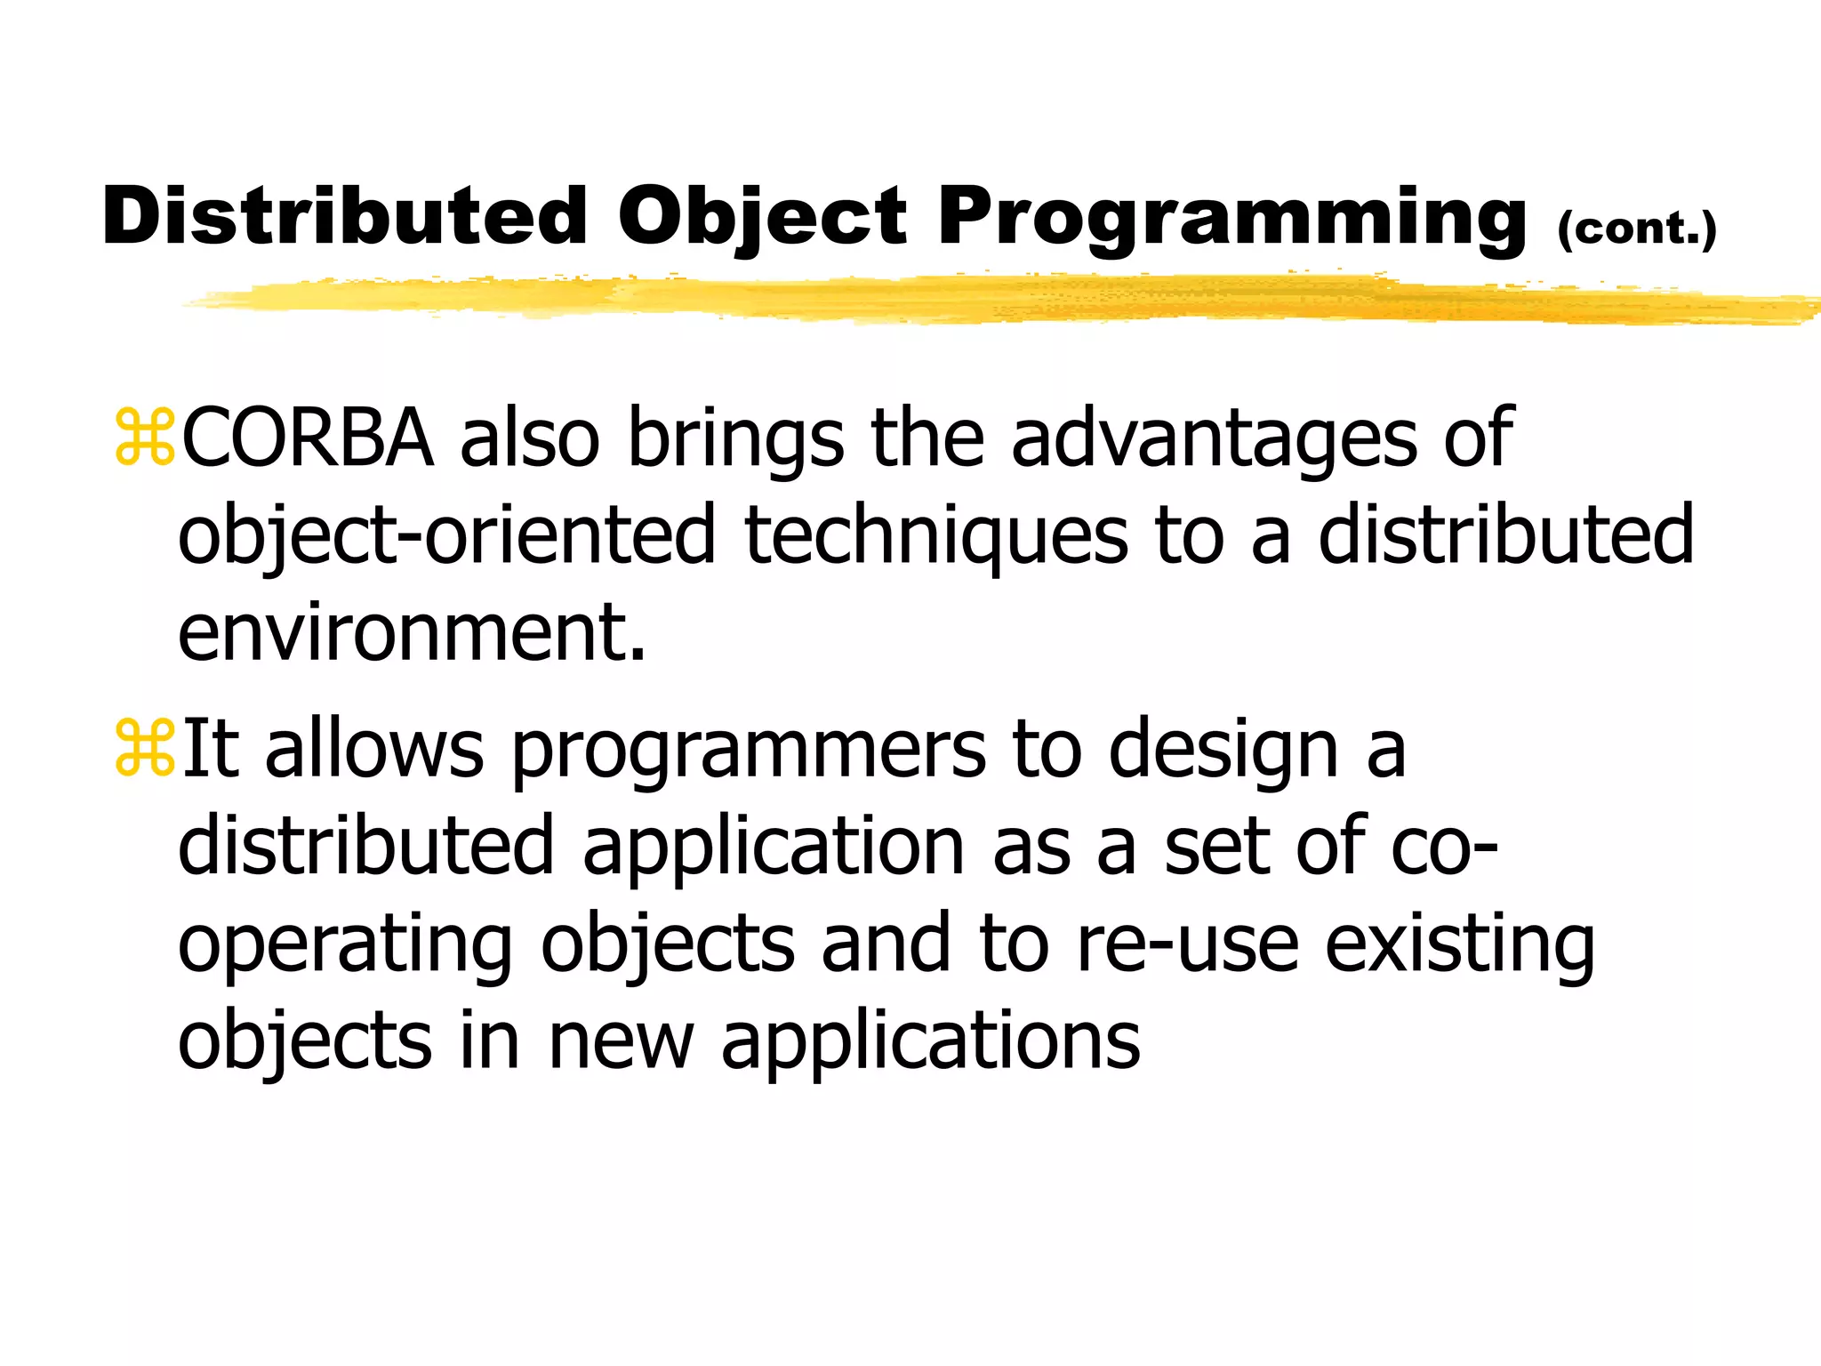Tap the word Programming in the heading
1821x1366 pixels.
point(1232,219)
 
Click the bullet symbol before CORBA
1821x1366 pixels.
point(144,438)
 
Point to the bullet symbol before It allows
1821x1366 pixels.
point(144,749)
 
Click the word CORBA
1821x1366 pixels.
point(308,438)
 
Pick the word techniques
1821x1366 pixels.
point(936,536)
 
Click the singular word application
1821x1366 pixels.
point(774,848)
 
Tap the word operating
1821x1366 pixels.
point(345,945)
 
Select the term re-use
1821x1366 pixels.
point(1187,944)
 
